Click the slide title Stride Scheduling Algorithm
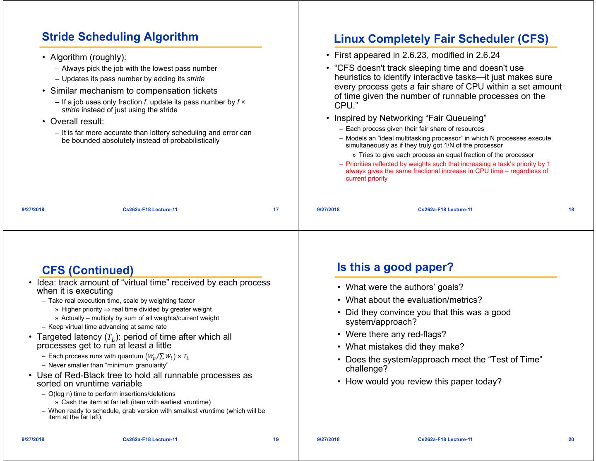120,37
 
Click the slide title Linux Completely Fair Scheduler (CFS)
441,39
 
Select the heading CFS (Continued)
88,270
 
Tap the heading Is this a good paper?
395,267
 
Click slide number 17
276,210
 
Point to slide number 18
571,210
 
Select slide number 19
276,439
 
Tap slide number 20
571,439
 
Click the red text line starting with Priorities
447,164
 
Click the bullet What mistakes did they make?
405,347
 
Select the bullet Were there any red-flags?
396,334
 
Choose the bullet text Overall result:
77,121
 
